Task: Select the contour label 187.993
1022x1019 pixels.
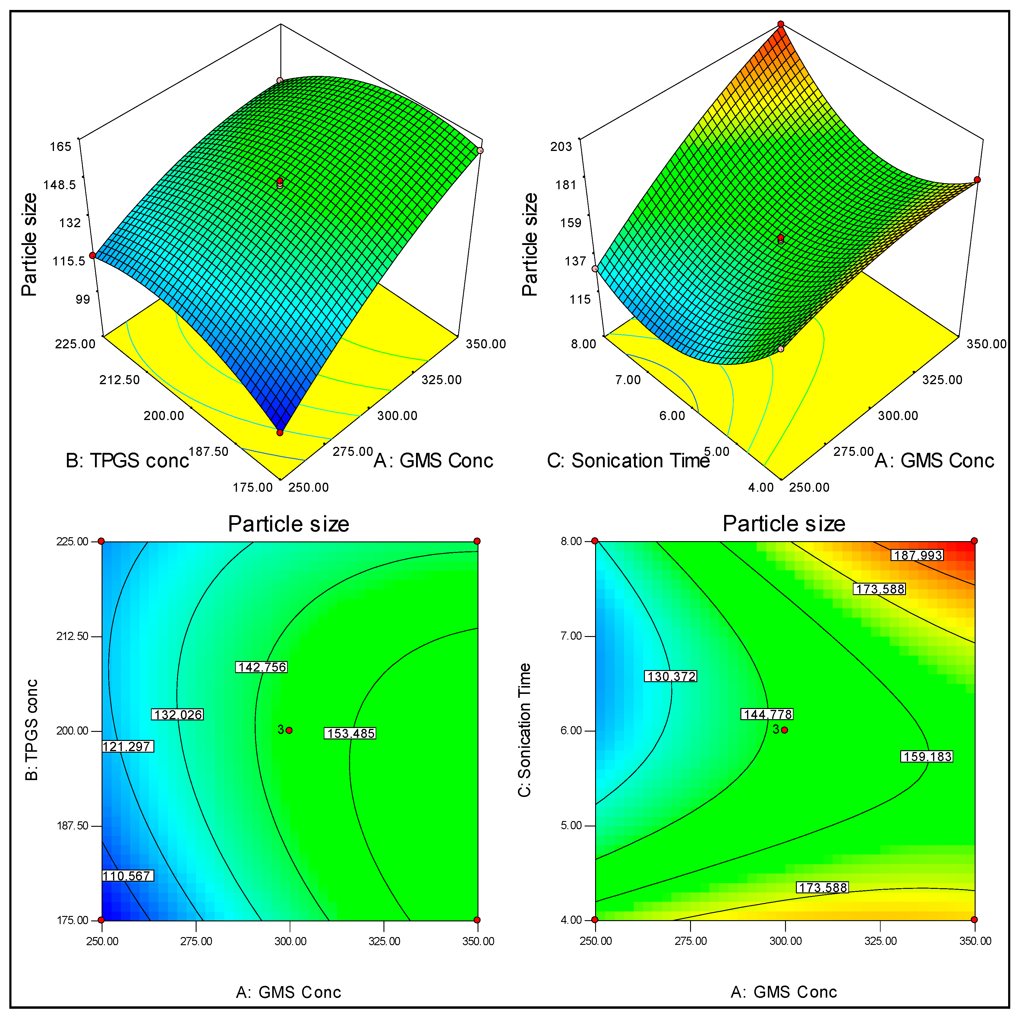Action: (917, 555)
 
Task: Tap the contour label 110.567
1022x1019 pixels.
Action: (127, 876)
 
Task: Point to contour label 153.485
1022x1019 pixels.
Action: (350, 733)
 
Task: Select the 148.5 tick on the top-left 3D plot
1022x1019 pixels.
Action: (60, 185)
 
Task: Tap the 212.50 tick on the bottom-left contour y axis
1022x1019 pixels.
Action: (72, 636)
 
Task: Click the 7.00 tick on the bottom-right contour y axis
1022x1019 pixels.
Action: (571, 636)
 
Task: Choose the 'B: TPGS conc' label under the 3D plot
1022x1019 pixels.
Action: (127, 461)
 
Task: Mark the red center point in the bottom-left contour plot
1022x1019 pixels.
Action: (289, 730)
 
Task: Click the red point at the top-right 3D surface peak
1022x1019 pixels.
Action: (780, 24)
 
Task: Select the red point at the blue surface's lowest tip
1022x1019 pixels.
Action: (280, 433)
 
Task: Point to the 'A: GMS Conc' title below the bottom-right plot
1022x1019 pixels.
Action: (784, 992)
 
